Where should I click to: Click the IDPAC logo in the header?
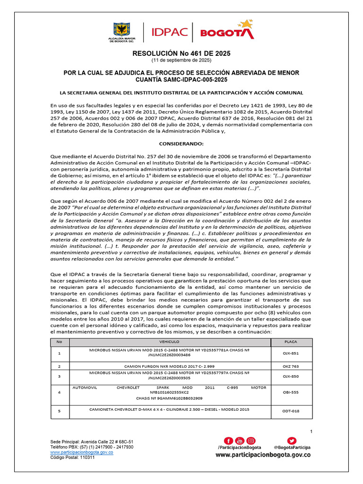(169, 33)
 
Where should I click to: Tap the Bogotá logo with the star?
(227, 31)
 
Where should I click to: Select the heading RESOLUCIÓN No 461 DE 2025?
(181, 54)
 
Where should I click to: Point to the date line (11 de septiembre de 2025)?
(181, 61)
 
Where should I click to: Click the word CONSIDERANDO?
(181, 143)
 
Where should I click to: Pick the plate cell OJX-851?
(291, 353)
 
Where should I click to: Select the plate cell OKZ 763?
(291, 366)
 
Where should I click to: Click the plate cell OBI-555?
(291, 392)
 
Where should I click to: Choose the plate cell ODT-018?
(291, 411)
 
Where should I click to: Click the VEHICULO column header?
(169, 341)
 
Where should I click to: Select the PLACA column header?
(291, 341)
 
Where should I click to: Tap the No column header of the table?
(59, 341)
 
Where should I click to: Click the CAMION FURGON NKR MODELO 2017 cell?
(169, 366)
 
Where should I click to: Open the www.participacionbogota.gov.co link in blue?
(82, 452)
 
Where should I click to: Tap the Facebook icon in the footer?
(228, 441)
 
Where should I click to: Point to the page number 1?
(311, 432)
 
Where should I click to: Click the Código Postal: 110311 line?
(73, 458)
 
